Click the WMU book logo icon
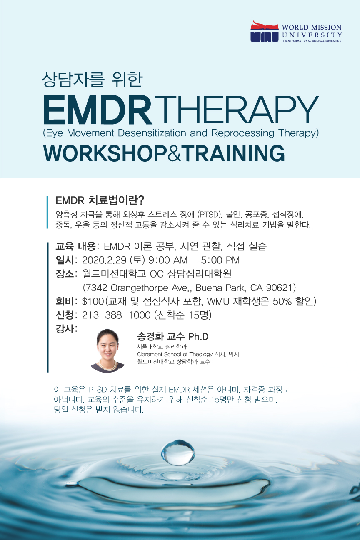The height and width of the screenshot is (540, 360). click(265, 31)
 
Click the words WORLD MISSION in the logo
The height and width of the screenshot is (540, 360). click(312, 27)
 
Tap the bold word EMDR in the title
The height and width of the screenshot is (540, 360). click(97, 110)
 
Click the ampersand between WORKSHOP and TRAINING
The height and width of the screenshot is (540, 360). click(174, 153)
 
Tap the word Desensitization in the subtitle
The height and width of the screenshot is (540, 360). click(152, 133)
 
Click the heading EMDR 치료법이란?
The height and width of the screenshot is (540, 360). click(100, 200)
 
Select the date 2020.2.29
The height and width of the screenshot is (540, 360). click(104, 260)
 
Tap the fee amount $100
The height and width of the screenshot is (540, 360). click(93, 301)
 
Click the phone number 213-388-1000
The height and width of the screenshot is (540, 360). click(116, 315)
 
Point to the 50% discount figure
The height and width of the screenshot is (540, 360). click(282, 301)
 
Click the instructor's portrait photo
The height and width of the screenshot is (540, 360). click(107, 350)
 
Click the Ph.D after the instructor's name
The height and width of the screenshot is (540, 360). click(198, 337)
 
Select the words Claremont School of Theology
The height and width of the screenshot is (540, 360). click(175, 354)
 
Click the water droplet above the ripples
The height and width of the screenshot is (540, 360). click(178, 452)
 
